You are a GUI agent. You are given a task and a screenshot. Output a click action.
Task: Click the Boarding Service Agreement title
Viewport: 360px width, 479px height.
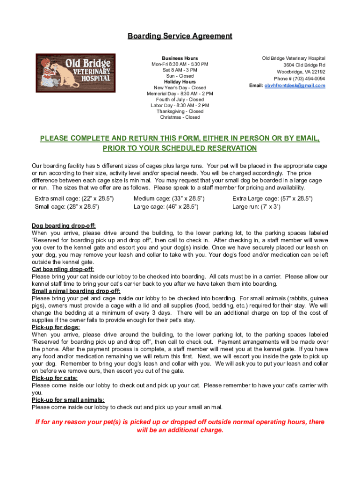pos(180,36)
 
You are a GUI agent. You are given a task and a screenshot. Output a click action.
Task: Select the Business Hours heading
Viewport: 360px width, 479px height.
pos(180,58)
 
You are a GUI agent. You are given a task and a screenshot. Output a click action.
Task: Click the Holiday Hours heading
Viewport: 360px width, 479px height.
pos(180,82)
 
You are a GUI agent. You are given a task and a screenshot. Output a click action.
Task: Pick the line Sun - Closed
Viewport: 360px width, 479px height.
pos(180,76)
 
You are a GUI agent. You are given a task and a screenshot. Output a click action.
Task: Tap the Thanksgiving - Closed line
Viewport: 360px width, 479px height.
pos(180,111)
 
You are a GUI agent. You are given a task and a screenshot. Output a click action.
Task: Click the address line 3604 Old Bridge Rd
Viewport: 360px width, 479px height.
pos(304,65)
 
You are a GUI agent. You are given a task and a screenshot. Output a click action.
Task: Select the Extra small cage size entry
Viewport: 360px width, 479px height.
pos(74,198)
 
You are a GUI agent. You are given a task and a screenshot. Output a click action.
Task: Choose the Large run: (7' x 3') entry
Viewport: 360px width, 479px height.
pos(256,206)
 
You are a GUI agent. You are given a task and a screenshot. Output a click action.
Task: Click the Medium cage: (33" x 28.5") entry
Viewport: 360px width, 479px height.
pos(169,198)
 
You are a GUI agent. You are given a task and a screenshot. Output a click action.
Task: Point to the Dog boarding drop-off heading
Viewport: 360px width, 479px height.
pos(64,225)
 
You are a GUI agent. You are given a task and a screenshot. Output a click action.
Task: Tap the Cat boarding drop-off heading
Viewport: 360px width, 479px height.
pos(63,269)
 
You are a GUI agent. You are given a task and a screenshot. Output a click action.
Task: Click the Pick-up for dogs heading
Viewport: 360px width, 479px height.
pos(56,327)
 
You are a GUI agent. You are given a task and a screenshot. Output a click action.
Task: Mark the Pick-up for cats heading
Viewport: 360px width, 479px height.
pos(55,378)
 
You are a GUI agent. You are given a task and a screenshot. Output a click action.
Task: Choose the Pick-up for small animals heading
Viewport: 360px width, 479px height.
pos(68,399)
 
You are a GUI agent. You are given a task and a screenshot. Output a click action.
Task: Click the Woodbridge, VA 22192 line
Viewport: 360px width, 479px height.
pos(301,72)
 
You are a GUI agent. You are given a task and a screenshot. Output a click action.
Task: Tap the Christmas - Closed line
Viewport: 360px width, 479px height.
pos(180,117)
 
